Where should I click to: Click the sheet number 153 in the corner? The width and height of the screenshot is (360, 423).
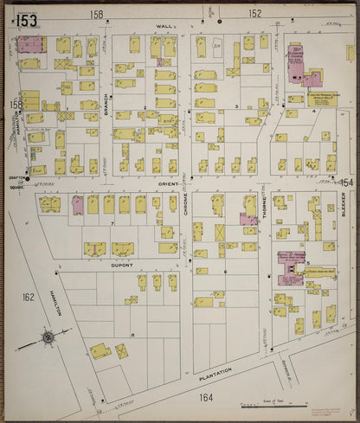[x=26, y=20]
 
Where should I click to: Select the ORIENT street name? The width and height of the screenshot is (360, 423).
[x=167, y=184]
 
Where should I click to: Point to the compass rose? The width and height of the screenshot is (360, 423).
[x=48, y=336]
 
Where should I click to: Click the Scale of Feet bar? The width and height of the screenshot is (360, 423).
[x=260, y=402]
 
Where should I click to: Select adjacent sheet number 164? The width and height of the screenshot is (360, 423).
[x=205, y=397]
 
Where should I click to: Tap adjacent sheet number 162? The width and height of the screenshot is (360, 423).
[x=29, y=297]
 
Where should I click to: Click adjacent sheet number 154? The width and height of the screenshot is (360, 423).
[x=347, y=183]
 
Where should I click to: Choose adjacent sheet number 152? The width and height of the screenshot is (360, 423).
[x=254, y=14]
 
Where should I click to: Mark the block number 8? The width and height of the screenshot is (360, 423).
[x=132, y=333]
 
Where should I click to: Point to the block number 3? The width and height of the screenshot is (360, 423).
[x=235, y=106]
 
